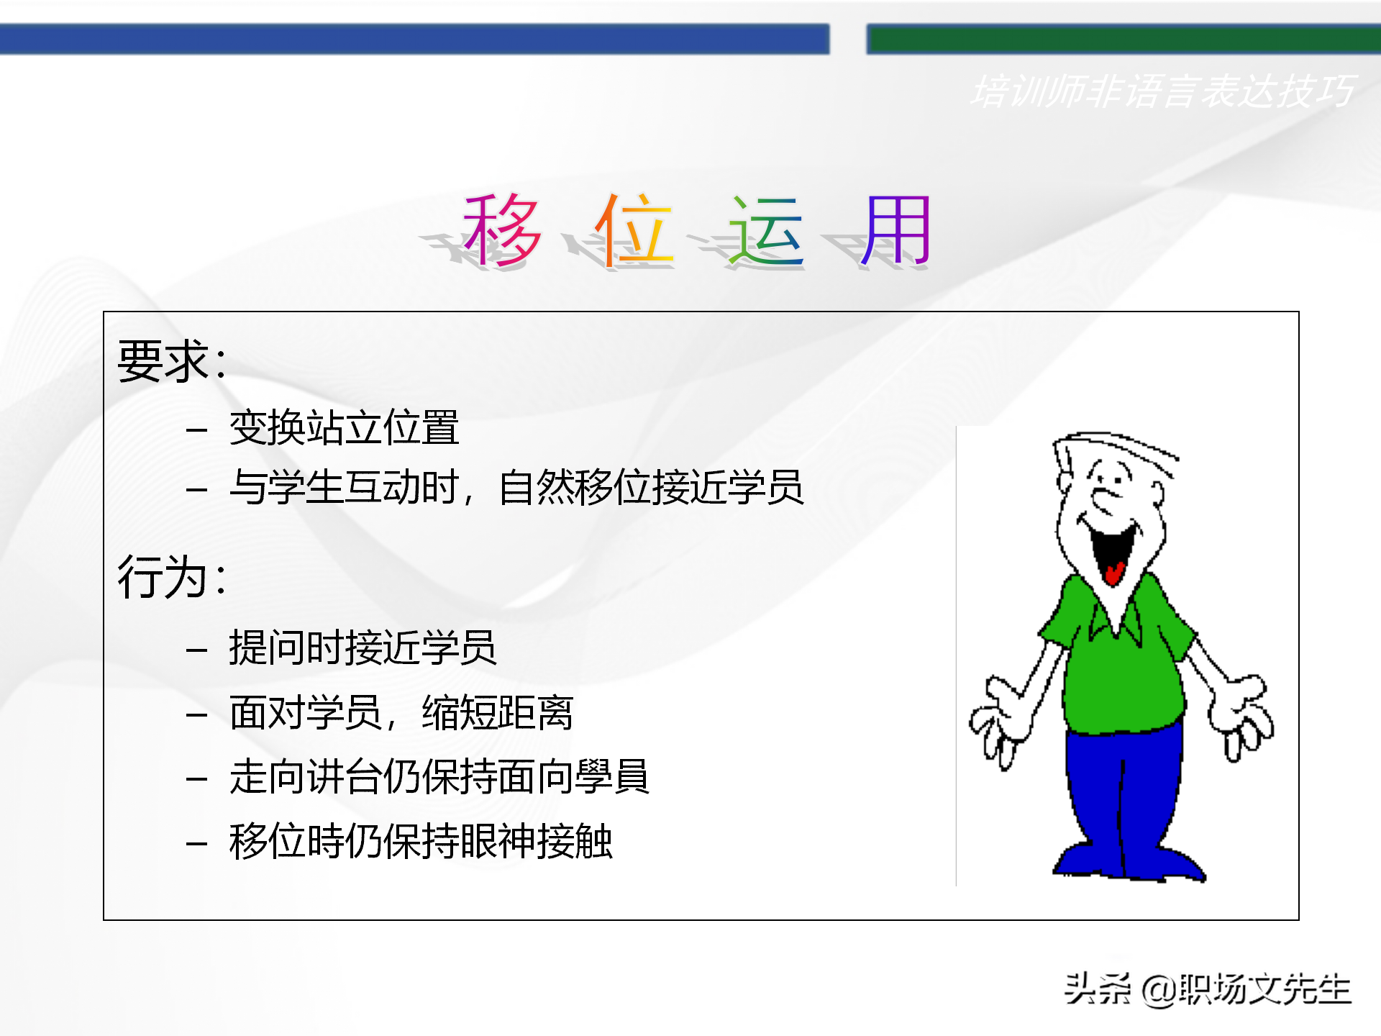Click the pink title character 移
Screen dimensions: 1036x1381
coord(502,230)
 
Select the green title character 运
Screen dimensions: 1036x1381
coord(765,230)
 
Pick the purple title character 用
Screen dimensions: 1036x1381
coord(896,230)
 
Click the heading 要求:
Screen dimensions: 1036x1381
coord(173,360)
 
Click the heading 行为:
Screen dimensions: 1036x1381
coord(173,577)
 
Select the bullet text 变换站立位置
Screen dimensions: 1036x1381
coord(344,428)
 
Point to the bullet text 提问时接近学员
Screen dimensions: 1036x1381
coord(363,647)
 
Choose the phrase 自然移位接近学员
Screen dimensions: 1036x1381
coord(651,488)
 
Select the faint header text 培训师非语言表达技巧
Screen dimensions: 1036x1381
coord(1162,92)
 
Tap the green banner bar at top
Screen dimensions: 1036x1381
coord(1122,39)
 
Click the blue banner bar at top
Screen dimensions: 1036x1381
coord(414,39)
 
